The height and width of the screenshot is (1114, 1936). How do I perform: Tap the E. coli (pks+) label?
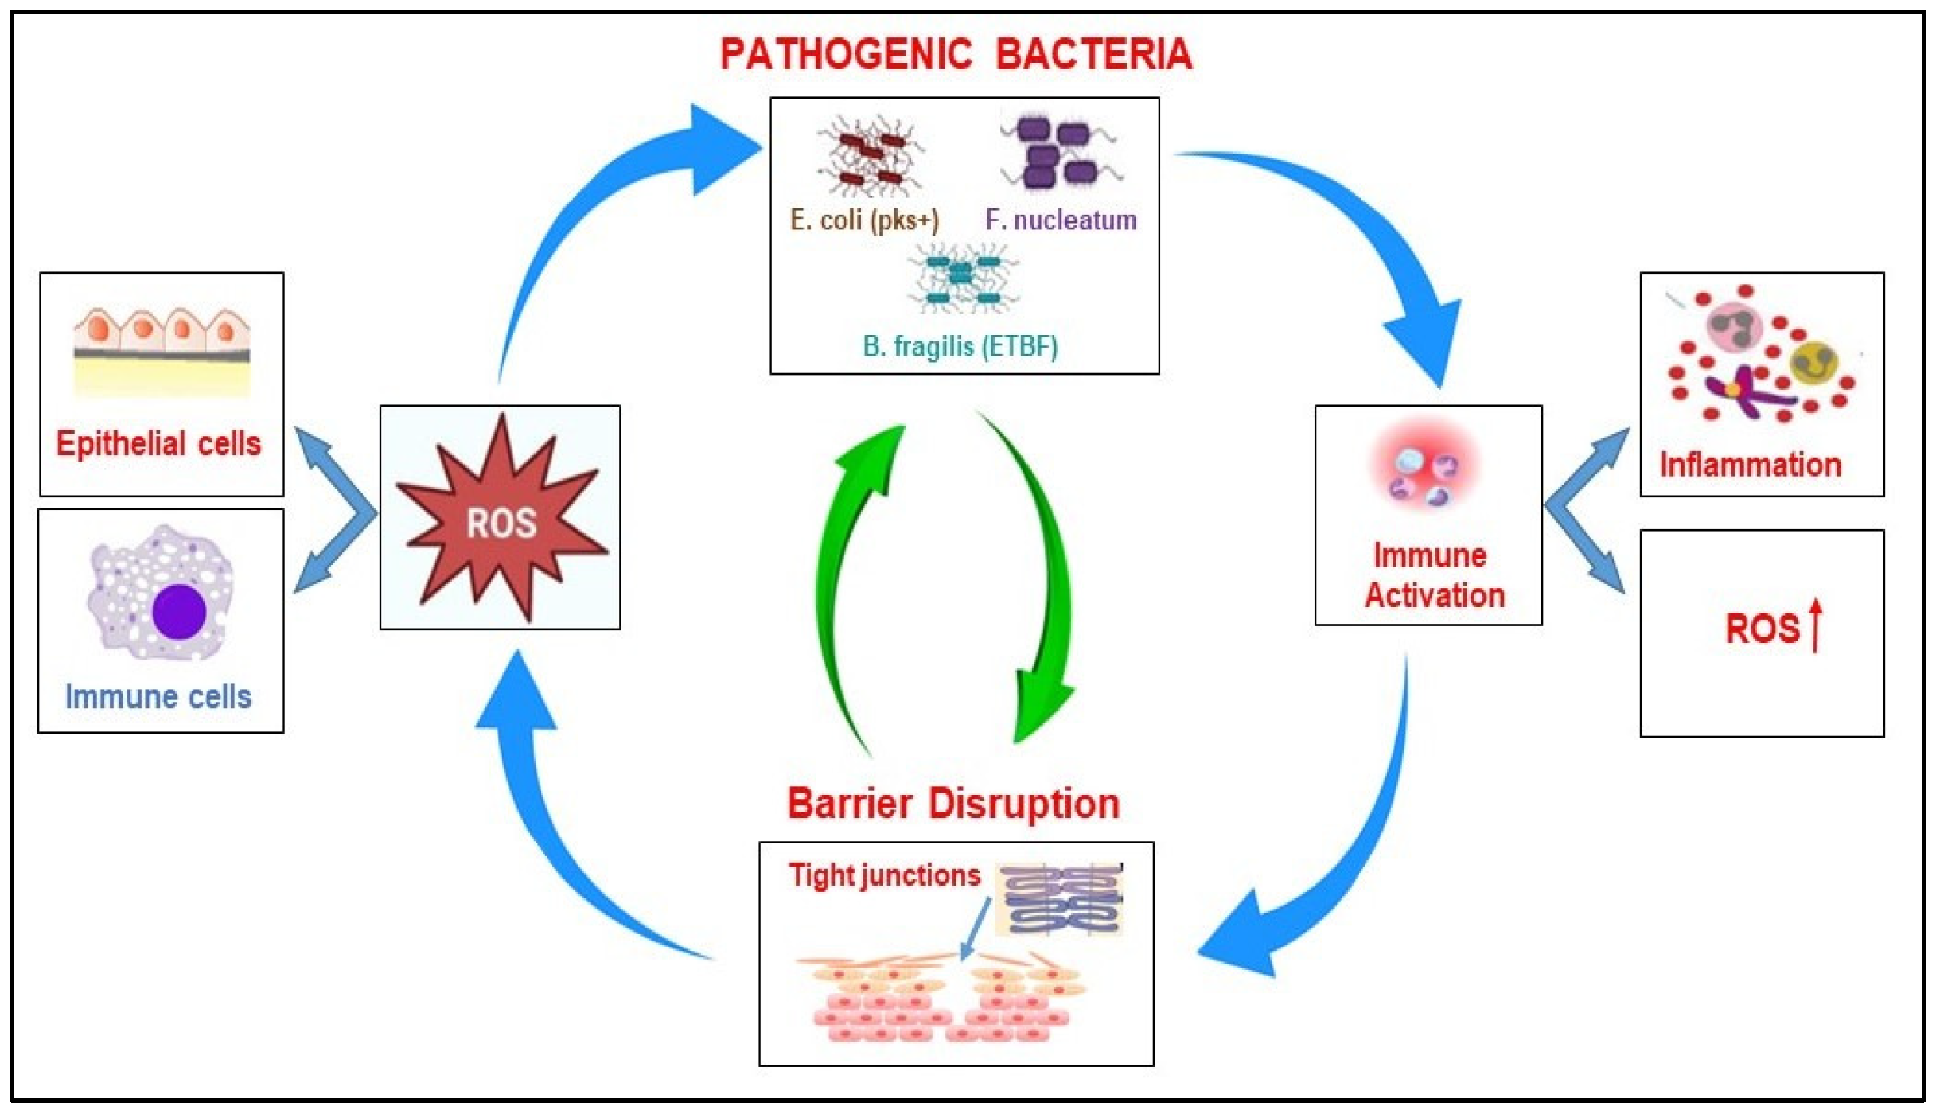click(x=864, y=220)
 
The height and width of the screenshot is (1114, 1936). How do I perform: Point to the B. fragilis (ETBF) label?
click(x=960, y=347)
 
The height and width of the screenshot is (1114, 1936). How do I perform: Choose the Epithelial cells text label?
click(x=158, y=443)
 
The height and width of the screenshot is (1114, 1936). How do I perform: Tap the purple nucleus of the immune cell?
click(x=179, y=611)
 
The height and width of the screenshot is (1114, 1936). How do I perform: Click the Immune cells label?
click(x=158, y=697)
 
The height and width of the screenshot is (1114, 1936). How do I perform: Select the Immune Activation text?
click(x=1434, y=575)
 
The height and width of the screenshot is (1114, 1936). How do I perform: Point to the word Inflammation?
click(x=1750, y=465)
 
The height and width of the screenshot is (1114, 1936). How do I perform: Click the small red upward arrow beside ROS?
click(x=1816, y=625)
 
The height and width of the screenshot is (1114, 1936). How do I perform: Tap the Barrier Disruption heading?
click(x=953, y=804)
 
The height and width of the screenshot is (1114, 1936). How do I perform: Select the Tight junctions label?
click(x=884, y=875)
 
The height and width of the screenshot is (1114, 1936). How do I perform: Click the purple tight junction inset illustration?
click(x=1061, y=899)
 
